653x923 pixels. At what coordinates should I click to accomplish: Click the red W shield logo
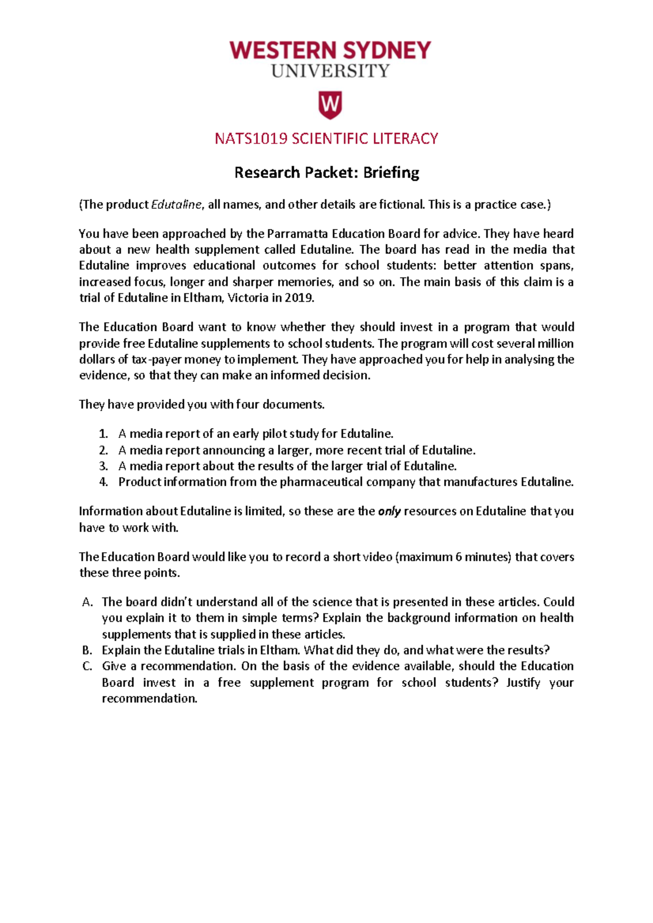330,105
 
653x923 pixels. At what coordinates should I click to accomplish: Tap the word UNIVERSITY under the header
330,71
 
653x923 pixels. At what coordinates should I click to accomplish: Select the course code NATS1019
251,139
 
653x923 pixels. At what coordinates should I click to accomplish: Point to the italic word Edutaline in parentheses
176,205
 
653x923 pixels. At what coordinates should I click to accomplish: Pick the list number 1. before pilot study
103,434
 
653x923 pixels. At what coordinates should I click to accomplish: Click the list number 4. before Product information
103,482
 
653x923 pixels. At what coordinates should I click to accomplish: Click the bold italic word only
389,511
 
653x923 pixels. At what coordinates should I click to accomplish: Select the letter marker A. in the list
88,602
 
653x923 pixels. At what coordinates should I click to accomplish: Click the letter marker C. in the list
88,666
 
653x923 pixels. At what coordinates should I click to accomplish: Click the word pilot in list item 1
275,434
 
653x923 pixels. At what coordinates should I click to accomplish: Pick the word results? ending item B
528,651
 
